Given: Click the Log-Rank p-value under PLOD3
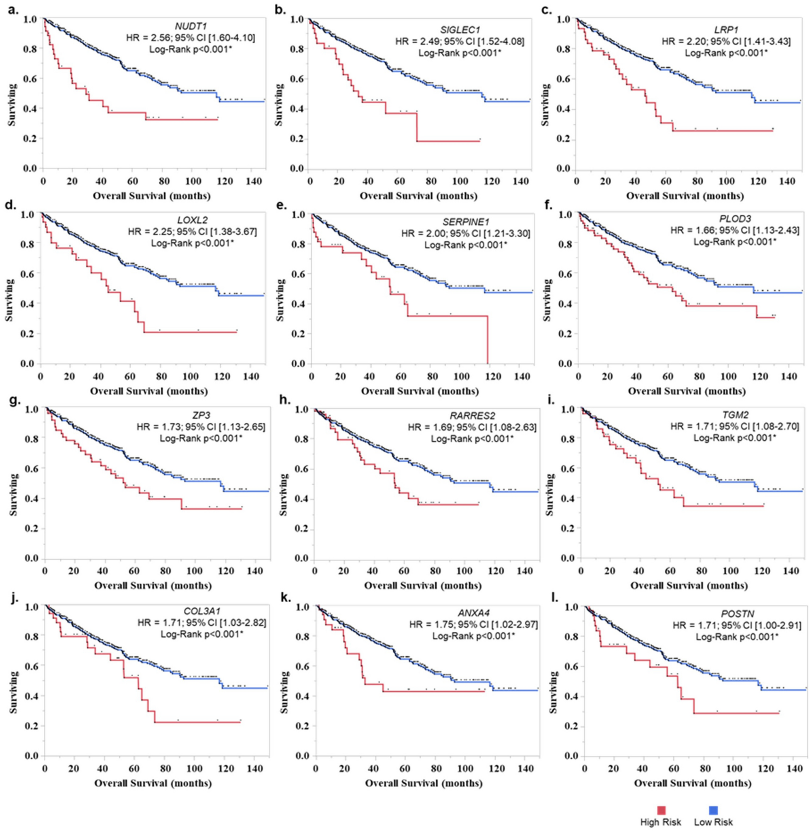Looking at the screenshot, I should coord(734,242).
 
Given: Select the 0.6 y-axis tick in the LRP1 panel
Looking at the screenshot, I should coord(566,79).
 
